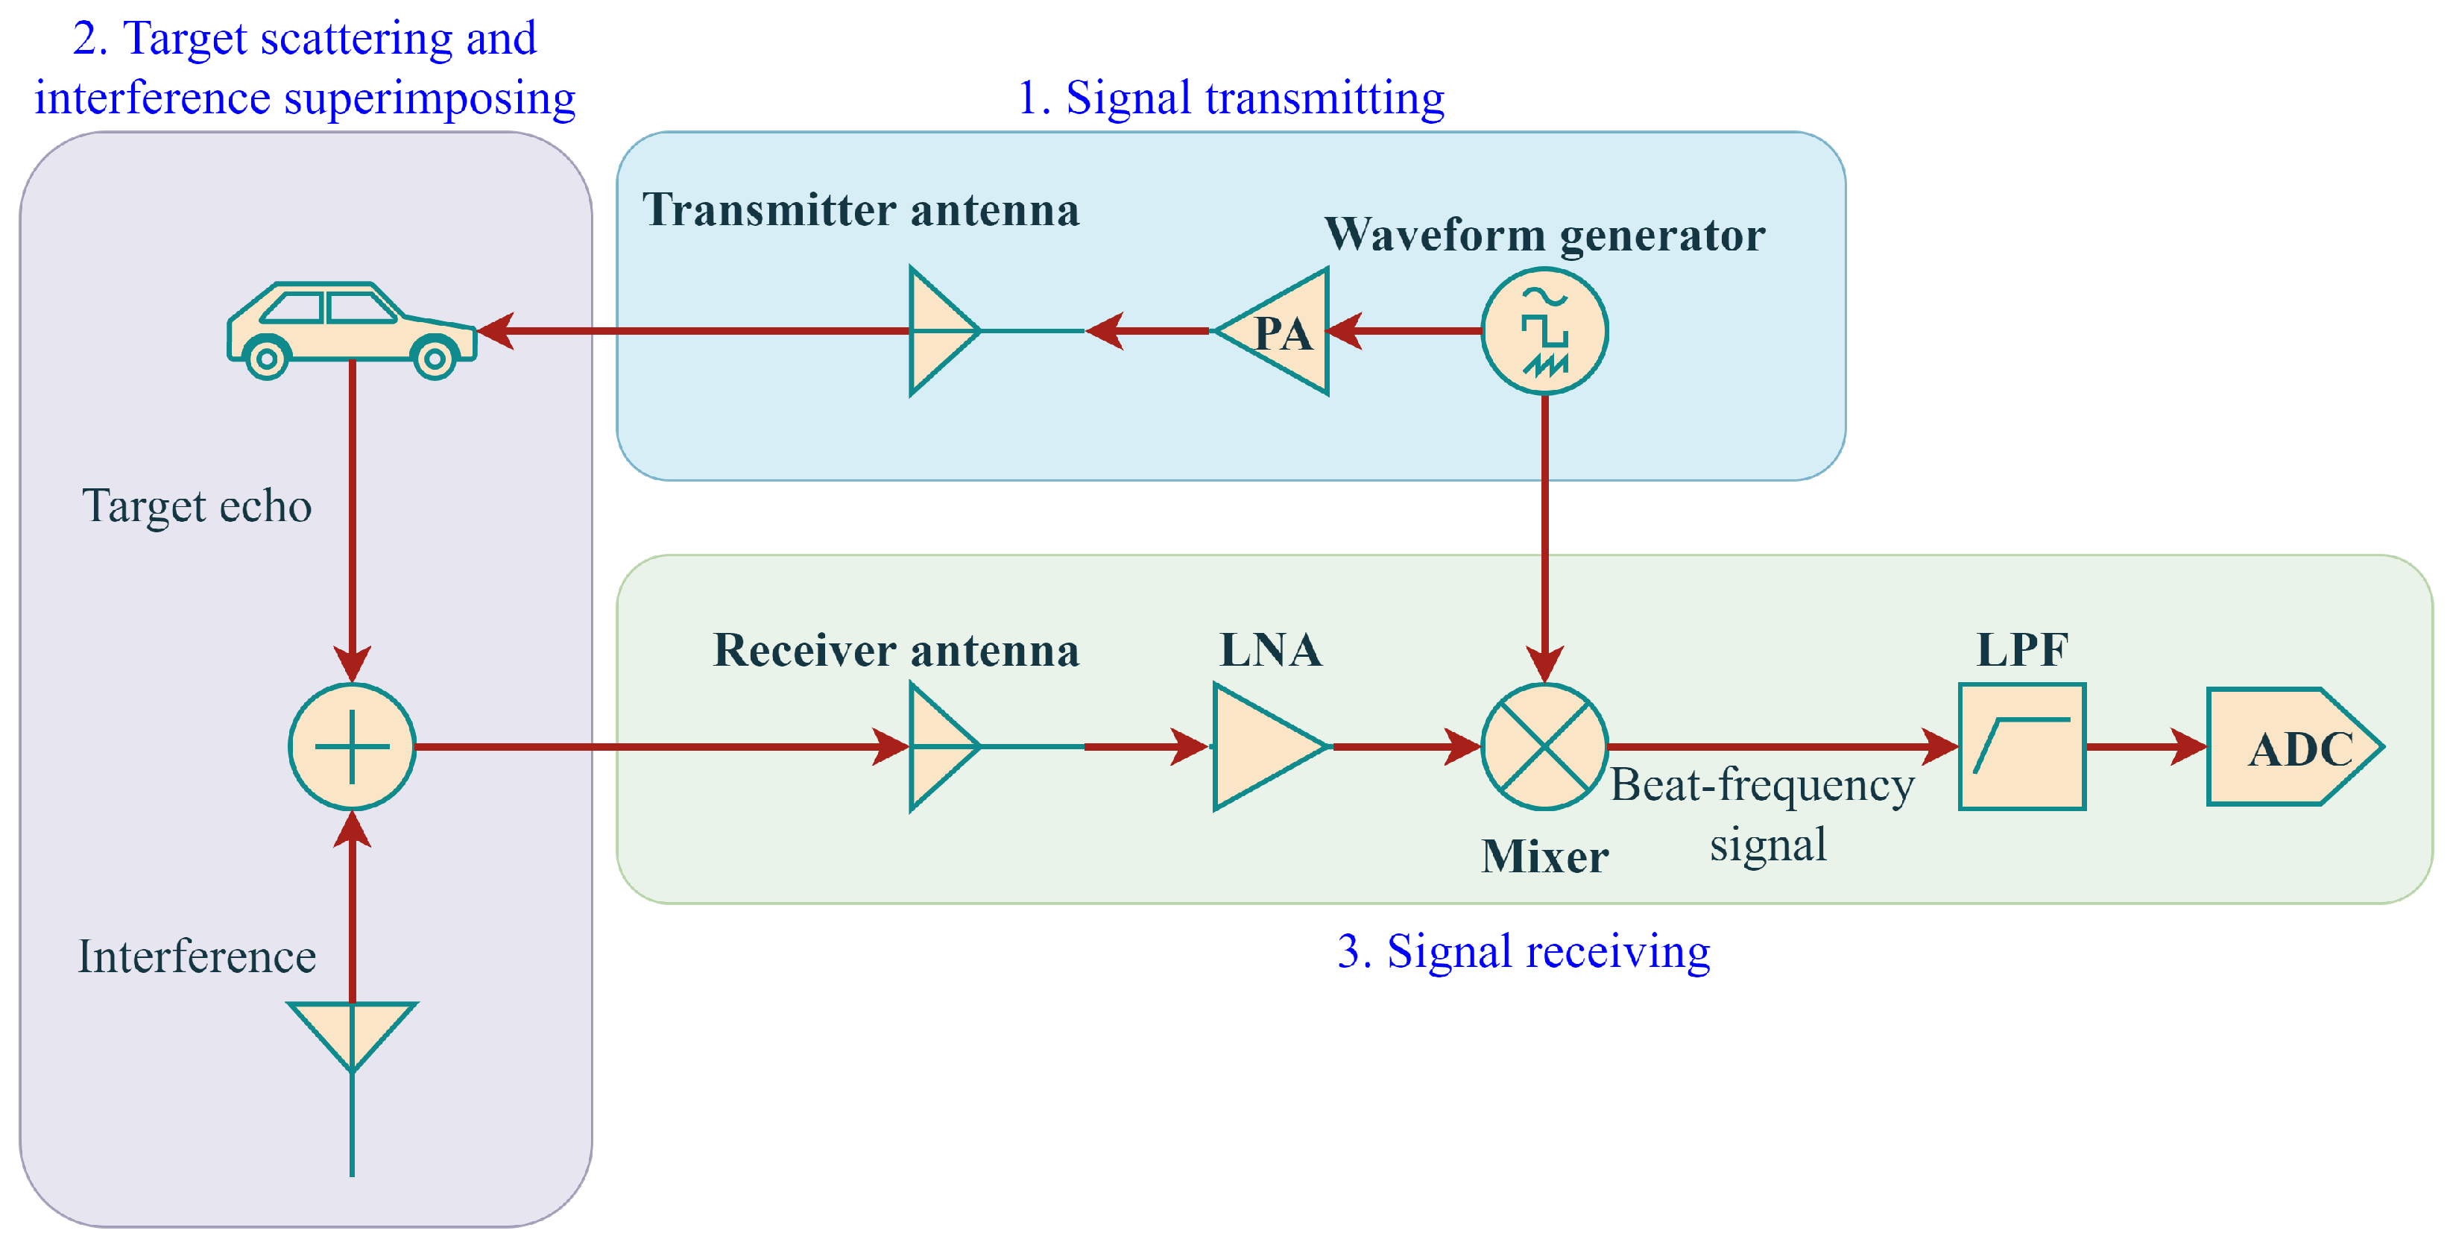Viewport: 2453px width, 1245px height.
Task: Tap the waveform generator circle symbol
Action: point(1544,332)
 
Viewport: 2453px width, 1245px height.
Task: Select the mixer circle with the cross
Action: point(1544,747)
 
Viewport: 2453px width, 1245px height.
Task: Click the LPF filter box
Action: point(2021,747)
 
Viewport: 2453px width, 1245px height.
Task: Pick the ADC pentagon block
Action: point(2291,747)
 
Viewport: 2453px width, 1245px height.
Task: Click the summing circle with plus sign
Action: point(353,747)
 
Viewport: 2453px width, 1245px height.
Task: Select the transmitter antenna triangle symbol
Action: point(938,332)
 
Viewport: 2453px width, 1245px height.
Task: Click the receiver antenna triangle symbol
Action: point(938,747)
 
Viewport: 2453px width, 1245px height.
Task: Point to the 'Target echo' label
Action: point(197,505)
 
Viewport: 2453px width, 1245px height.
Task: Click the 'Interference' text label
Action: point(197,956)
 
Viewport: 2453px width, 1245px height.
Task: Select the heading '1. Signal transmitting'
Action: point(1231,98)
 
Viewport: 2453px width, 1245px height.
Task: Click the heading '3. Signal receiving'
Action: point(1523,951)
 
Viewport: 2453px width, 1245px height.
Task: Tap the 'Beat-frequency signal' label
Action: point(1764,814)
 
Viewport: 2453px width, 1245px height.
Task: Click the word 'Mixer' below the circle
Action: point(1544,857)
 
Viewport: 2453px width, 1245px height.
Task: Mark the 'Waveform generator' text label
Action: point(1544,234)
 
